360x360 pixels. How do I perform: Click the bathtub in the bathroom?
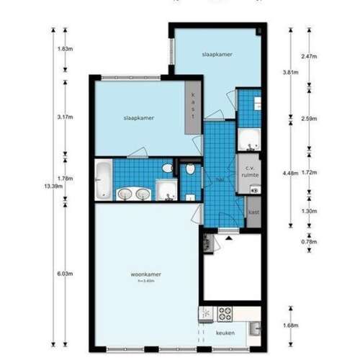(103, 180)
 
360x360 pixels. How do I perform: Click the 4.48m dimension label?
(290, 173)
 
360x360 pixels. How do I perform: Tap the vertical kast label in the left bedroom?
(192, 110)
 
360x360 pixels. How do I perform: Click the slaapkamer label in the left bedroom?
(138, 117)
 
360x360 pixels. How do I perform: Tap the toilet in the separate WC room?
(190, 170)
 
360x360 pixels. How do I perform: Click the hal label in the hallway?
(219, 180)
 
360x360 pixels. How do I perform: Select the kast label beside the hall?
(253, 212)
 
